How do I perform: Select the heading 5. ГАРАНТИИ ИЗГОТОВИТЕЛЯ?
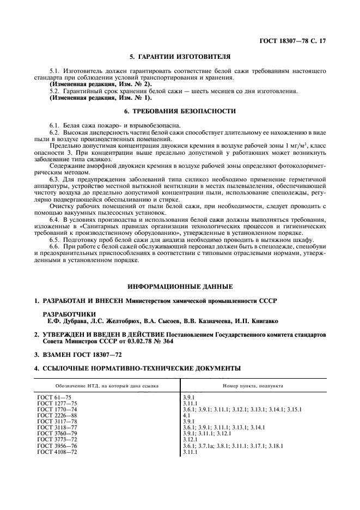180,57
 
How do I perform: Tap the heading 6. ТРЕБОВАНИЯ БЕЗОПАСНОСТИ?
180,111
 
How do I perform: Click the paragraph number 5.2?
54,91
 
